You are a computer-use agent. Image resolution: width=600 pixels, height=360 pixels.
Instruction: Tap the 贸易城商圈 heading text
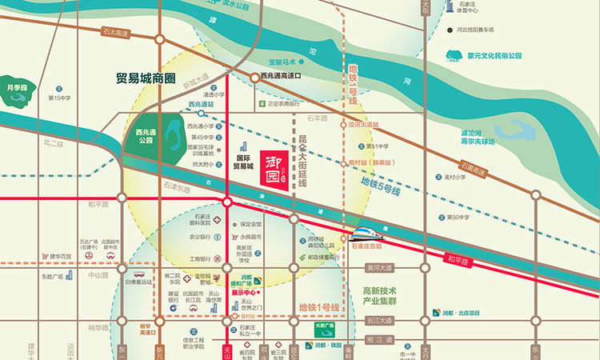point(148,78)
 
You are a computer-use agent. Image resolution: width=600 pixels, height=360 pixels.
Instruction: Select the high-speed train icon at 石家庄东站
point(366,234)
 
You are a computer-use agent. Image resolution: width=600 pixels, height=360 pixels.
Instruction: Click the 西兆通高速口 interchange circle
point(254,77)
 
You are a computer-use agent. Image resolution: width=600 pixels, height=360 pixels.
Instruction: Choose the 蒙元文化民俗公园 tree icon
point(454,56)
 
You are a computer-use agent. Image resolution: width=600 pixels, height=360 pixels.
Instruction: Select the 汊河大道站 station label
point(360,124)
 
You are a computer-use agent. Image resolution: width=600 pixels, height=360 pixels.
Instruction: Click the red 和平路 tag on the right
point(460,259)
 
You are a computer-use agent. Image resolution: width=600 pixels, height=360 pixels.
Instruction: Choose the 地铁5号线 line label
point(381,183)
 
